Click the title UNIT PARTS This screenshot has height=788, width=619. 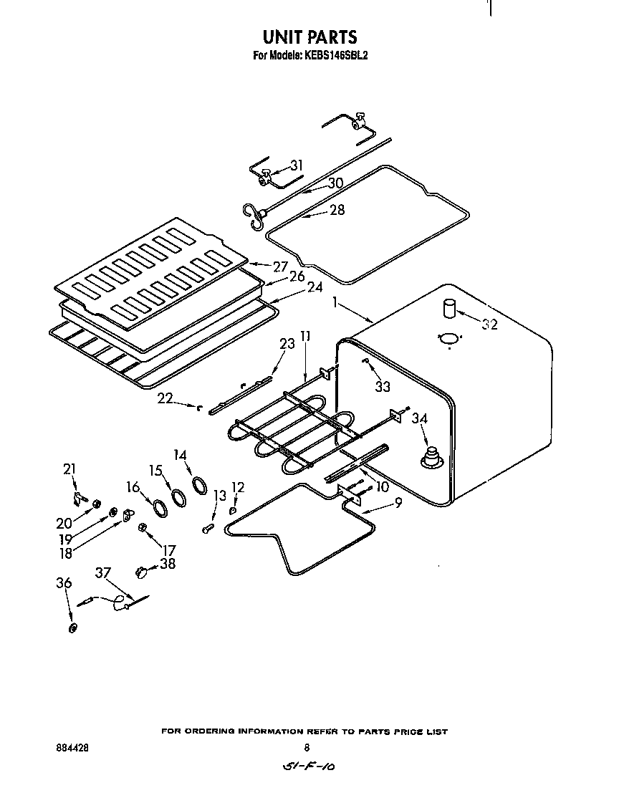[309, 37]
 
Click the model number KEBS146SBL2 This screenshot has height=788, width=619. [336, 54]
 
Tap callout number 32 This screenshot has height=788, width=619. [489, 325]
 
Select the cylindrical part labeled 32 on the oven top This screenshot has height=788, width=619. [449, 308]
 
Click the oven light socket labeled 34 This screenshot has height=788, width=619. [432, 456]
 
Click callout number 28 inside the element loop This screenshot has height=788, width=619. [337, 210]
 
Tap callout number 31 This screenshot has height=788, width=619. [296, 165]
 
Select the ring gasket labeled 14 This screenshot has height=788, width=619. [198, 487]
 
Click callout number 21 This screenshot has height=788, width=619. [69, 469]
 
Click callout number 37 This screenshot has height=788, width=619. [104, 572]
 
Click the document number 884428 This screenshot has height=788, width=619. [72, 746]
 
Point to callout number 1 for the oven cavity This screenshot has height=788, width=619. [334, 304]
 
